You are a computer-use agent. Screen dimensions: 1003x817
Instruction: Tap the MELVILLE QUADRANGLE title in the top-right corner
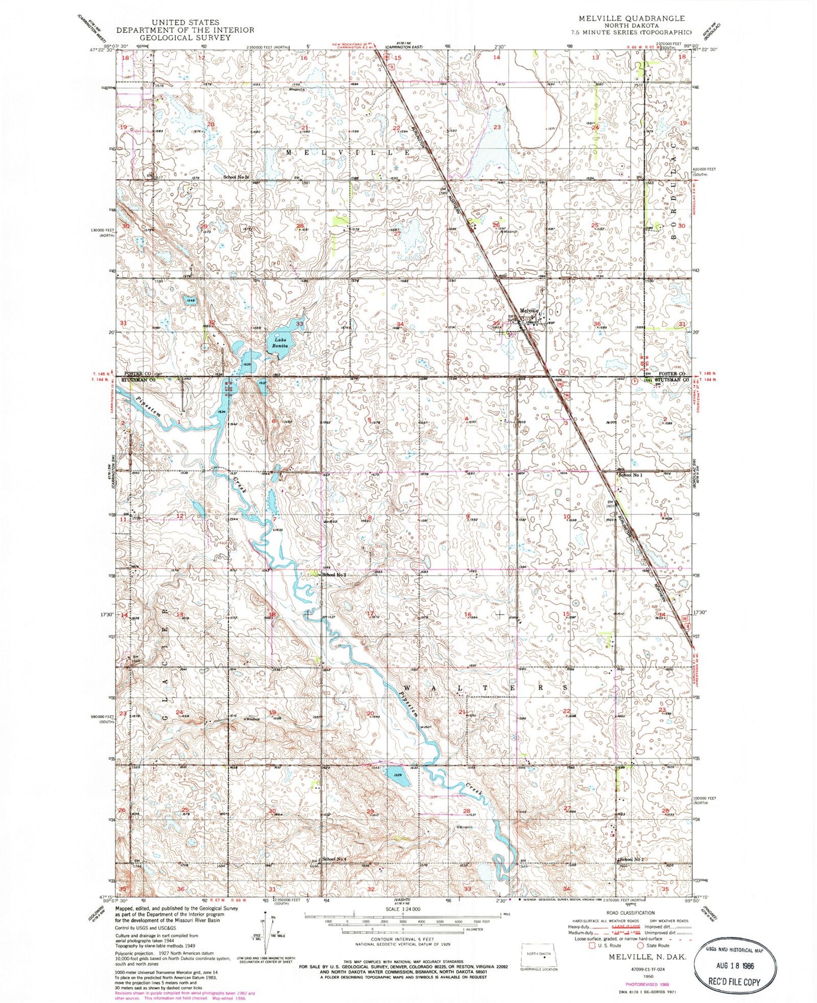tap(632, 19)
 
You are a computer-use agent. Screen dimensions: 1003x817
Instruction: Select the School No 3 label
tap(334, 574)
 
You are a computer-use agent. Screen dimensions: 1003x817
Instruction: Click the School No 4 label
tap(334, 859)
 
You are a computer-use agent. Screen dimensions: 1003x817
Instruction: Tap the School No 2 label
tap(632, 859)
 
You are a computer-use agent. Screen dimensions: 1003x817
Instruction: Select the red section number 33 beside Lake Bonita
tap(300, 324)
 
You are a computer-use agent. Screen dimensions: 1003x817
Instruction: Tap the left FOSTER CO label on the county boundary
tap(134, 374)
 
